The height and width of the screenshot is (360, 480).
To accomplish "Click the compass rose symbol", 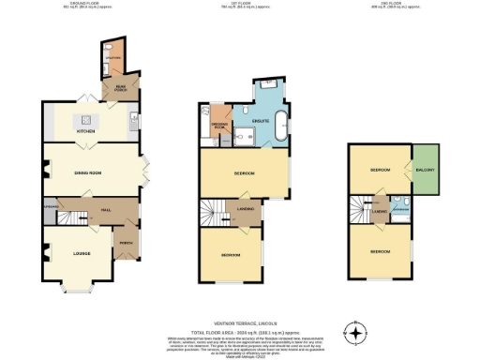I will [355, 333].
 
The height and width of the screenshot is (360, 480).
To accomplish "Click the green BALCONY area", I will [427, 170].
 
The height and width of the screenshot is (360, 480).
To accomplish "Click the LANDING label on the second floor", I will [380, 212].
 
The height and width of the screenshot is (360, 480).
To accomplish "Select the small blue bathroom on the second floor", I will [400, 207].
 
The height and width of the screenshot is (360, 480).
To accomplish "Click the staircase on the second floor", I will [358, 211].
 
